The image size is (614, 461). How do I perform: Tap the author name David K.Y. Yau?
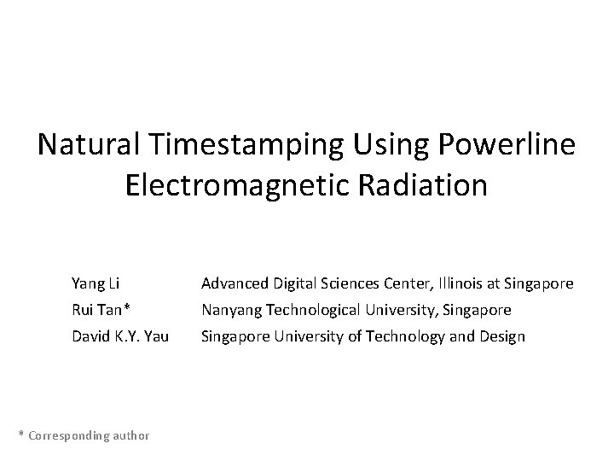tap(120, 336)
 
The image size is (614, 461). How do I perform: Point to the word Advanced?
tap(235, 283)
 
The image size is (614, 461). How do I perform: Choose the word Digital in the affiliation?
tap(295, 283)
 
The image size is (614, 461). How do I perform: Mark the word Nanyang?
tap(229, 310)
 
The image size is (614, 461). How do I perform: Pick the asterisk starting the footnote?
tap(21, 434)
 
